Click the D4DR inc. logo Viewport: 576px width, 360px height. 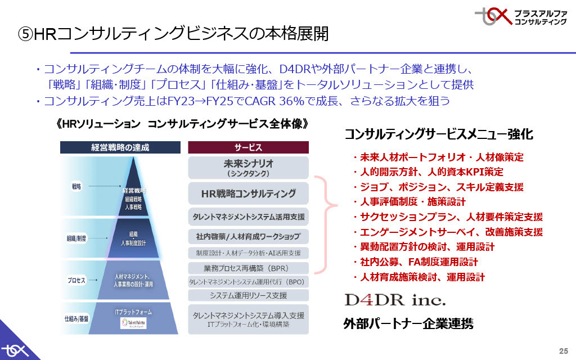click(394, 298)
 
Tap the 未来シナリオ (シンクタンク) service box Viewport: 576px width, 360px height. click(248, 167)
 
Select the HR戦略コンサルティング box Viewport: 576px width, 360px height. click(248, 193)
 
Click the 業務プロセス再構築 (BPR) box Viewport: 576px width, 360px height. click(248, 268)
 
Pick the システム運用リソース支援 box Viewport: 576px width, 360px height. click(248, 295)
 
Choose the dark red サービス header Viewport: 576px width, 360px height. click(248, 147)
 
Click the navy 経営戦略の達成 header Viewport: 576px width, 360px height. click(120, 147)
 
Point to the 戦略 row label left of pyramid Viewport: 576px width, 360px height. click(76, 186)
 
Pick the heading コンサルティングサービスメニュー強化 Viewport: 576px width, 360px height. click(438, 134)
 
